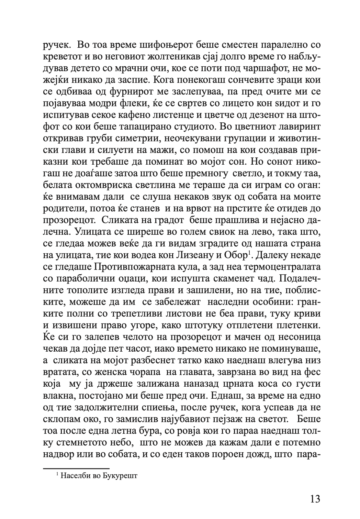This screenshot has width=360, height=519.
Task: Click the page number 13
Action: (314, 498)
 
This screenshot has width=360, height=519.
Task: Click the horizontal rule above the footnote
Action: (76, 468)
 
